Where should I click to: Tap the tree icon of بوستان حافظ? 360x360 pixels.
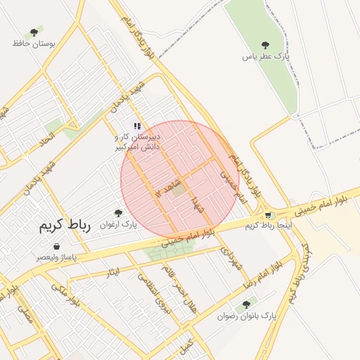click(33, 32)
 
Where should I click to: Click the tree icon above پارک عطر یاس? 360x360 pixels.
click(265, 45)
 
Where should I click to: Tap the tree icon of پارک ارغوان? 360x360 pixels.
click(117, 213)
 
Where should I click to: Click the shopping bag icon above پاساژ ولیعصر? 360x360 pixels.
click(57, 247)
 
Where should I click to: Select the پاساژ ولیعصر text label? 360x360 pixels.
click(57, 258)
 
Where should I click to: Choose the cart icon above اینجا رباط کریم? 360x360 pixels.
click(268, 215)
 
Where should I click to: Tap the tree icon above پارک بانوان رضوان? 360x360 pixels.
click(245, 305)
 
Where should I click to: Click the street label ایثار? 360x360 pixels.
click(113, 271)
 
